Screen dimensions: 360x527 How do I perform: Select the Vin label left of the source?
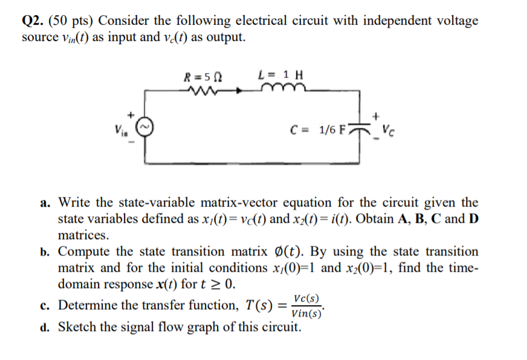(x=120, y=129)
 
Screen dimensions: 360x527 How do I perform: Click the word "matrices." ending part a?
(x=83, y=235)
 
